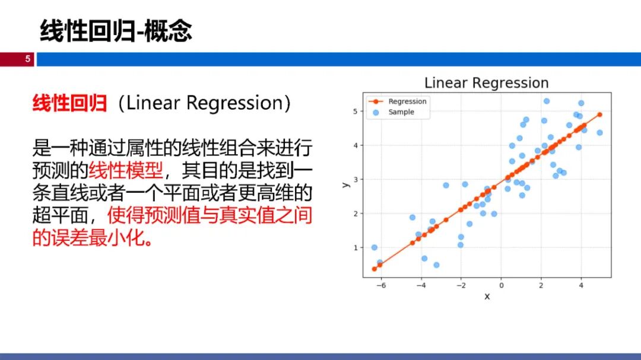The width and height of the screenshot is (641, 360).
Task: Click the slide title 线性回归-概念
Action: (x=116, y=31)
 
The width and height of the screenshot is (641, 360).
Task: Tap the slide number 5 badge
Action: (x=28, y=59)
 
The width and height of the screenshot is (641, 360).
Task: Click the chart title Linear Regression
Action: (x=487, y=82)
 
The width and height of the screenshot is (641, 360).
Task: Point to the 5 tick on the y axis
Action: (x=356, y=111)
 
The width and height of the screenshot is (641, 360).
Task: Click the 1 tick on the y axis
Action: (x=356, y=248)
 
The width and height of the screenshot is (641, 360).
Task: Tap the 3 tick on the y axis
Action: (x=356, y=179)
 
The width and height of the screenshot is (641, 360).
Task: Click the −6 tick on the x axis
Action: (x=380, y=285)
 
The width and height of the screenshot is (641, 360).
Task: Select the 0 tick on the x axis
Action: (x=501, y=285)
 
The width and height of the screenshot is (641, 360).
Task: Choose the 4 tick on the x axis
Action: (x=581, y=285)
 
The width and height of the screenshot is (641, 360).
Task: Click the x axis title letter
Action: (x=487, y=297)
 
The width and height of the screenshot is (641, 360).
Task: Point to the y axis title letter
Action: (x=346, y=185)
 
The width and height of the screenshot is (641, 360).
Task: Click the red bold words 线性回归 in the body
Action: (x=70, y=103)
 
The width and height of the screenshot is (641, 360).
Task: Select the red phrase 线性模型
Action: (x=125, y=170)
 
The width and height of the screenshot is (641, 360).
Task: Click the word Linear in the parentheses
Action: (x=153, y=103)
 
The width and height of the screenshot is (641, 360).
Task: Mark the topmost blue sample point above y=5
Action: (x=547, y=101)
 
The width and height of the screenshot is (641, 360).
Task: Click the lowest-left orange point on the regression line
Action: (x=375, y=269)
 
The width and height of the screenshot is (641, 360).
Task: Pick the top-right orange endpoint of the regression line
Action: (x=599, y=115)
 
